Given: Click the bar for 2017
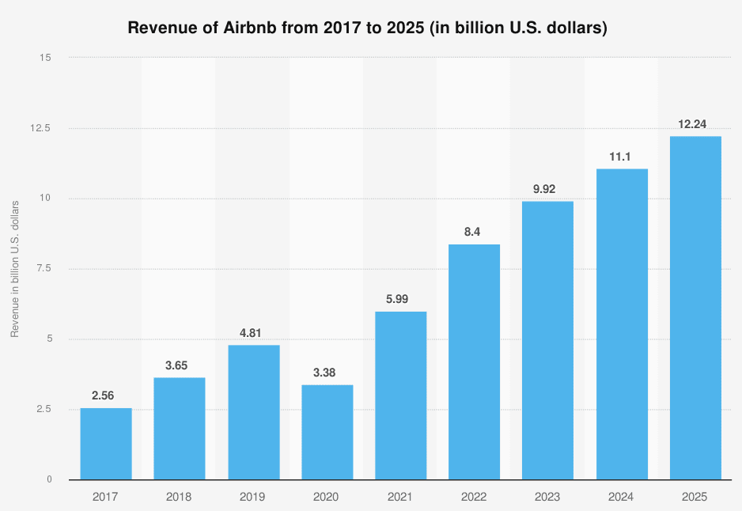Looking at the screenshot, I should point(106,444).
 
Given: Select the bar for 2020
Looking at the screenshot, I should point(327,432).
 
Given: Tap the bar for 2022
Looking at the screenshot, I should point(474,361).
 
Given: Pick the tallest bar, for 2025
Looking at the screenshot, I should point(695,308).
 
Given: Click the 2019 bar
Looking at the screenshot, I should point(253,412).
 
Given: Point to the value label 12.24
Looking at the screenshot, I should point(695,124).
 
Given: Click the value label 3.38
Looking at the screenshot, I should point(327,373).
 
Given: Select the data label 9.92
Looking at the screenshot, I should point(547,189).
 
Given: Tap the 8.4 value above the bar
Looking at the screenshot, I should point(474,232).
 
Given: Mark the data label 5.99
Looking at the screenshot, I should point(400,300).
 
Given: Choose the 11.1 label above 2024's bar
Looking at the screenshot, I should point(622,157).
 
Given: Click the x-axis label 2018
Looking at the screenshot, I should point(180,497).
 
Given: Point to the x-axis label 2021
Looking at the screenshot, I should point(400,497).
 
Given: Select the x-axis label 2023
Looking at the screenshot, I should point(547,497).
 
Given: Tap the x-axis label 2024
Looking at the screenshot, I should point(622,497).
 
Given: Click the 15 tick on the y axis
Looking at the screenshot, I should point(46,58).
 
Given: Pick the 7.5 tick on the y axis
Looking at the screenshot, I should point(44,269).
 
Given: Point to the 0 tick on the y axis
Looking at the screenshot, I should point(49,479).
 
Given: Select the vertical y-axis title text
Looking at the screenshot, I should point(15,269).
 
